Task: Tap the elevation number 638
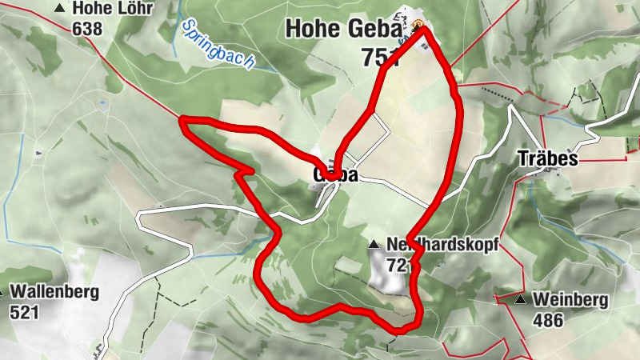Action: coord(87,29)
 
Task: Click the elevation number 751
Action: coord(378,57)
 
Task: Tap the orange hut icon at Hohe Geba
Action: coord(419,25)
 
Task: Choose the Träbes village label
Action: coord(546,158)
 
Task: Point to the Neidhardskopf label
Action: coord(442,245)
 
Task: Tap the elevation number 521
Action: coord(24,312)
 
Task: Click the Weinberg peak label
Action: coord(570,301)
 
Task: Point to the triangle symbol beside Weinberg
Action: coord(521,300)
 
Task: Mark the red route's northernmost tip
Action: coord(422,31)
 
